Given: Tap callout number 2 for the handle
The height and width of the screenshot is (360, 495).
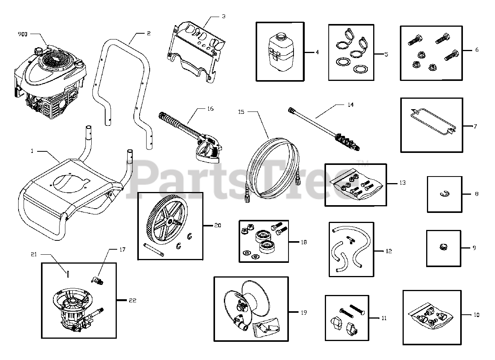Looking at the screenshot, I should coord(148,34).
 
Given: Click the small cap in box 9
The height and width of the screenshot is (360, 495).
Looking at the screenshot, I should coord(443,247).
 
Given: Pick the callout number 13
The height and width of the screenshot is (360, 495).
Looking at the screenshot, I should coord(403,183).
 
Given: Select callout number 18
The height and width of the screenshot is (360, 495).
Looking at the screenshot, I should coord(304,242).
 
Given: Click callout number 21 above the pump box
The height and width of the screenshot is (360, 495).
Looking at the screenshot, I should coord(34,254).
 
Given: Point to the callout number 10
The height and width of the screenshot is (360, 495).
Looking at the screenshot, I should coord(476,315).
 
